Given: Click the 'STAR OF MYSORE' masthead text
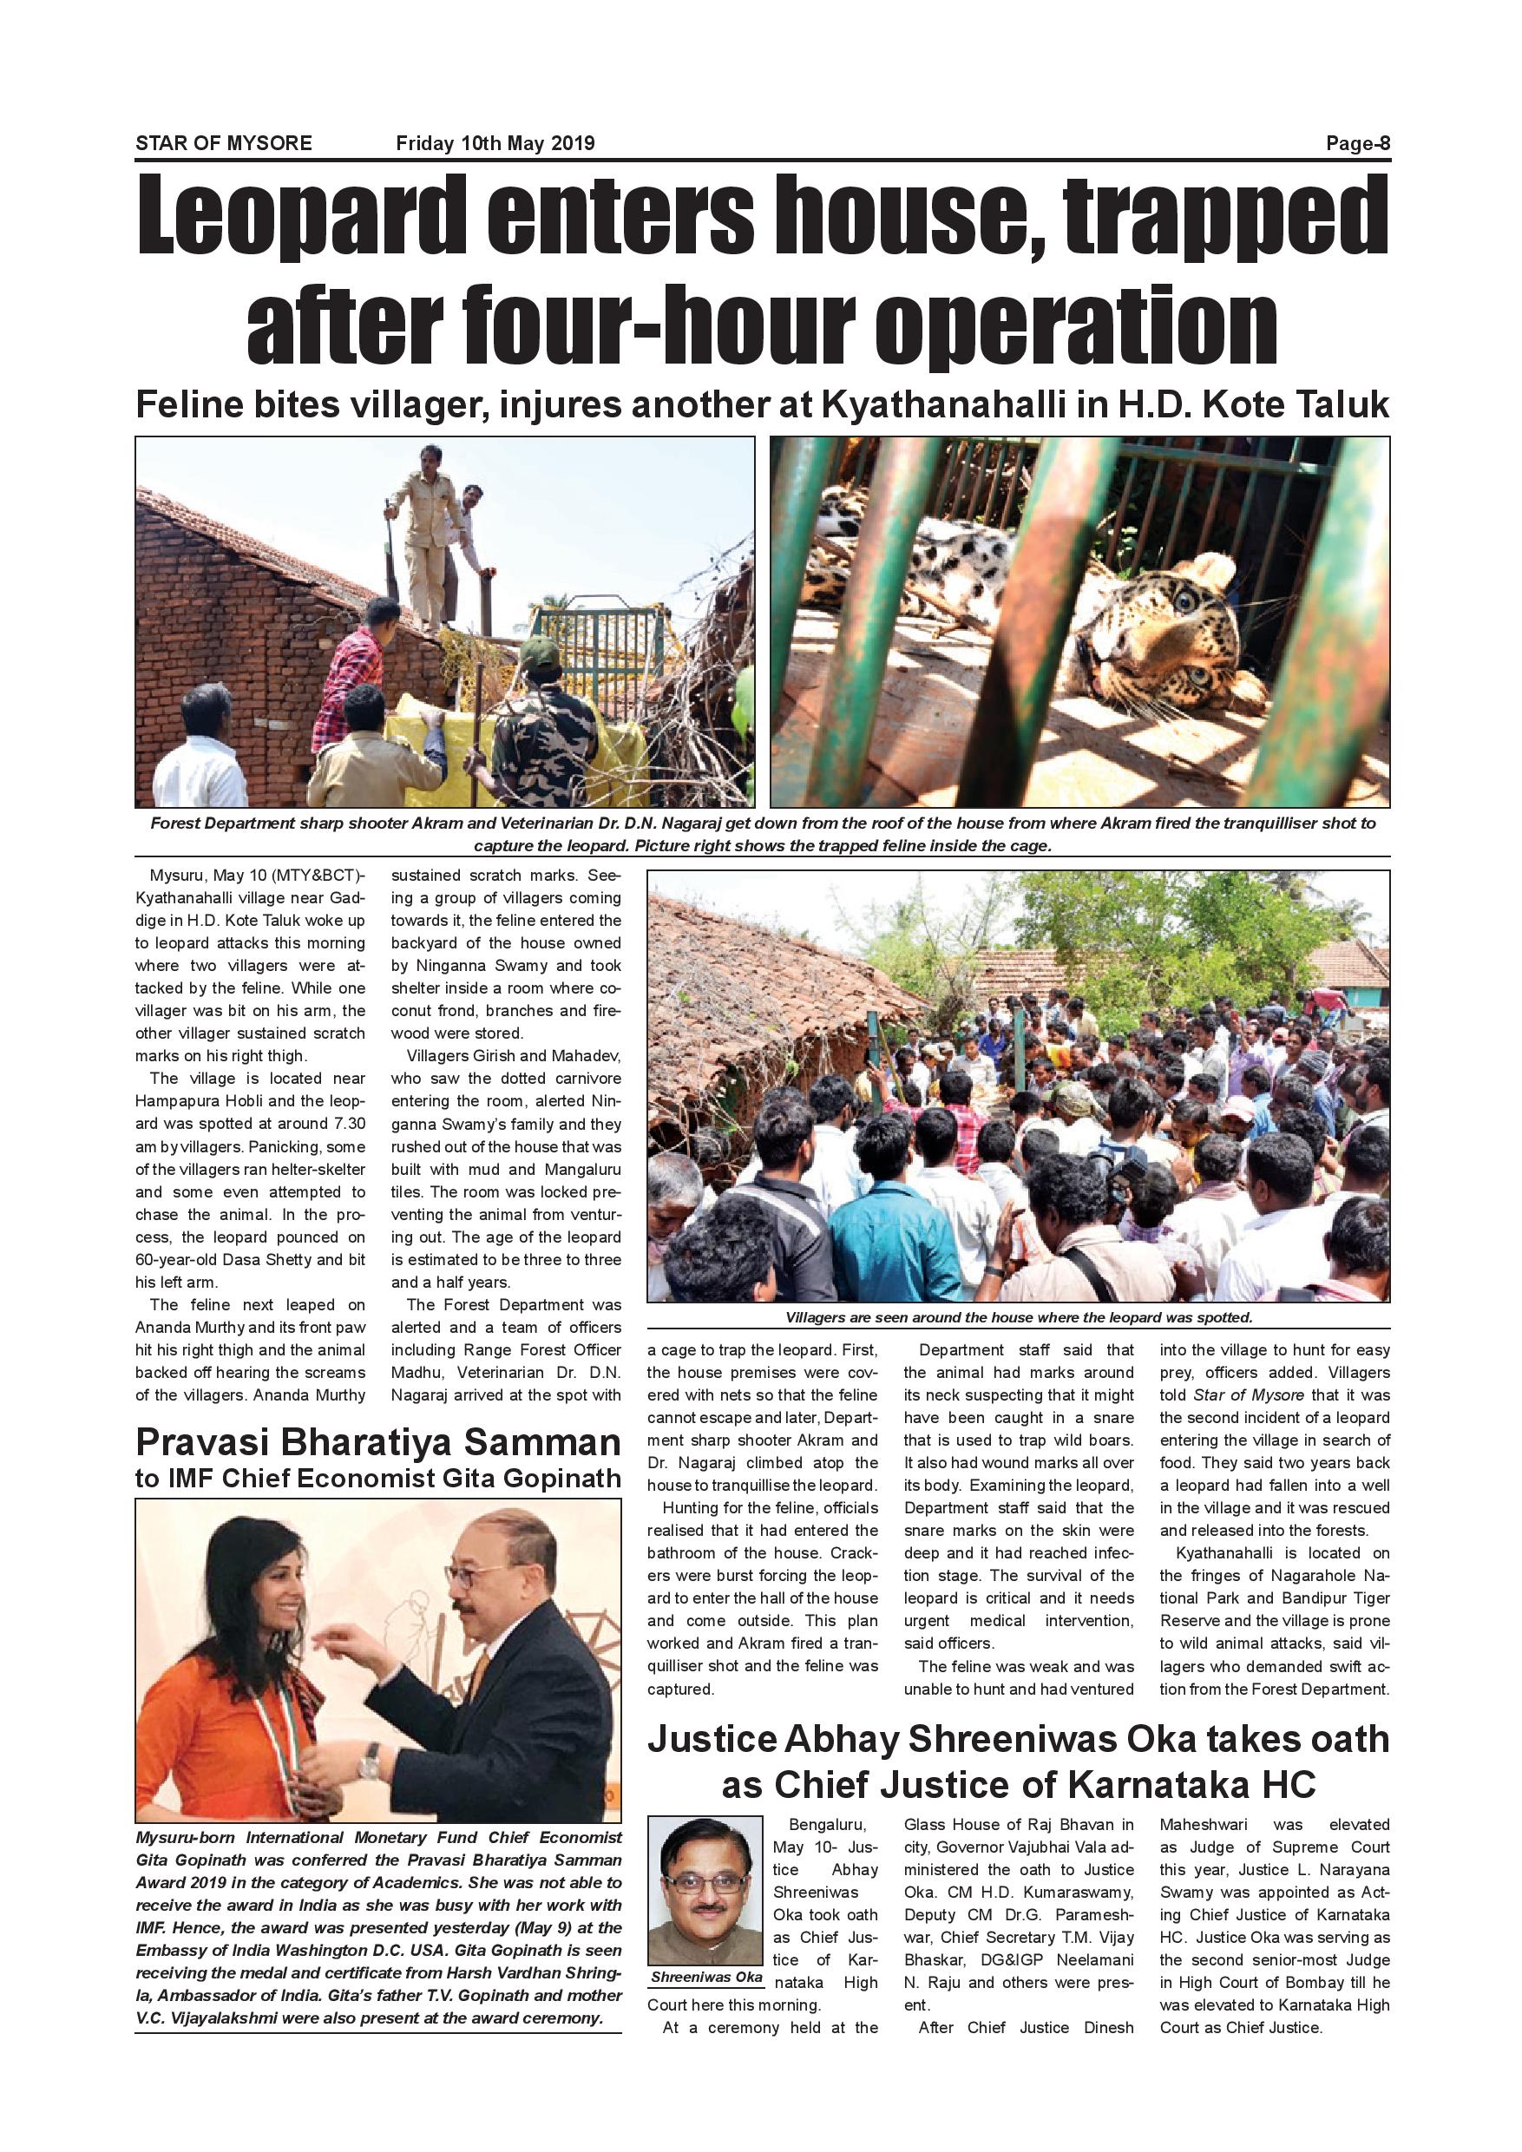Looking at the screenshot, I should [x=224, y=144].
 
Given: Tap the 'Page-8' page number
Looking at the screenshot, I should [x=1358, y=144].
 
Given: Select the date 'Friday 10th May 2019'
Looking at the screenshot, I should [x=495, y=144].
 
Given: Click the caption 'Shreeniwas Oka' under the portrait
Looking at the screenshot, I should [x=706, y=1978].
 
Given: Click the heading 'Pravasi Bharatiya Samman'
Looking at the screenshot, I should [x=377, y=1443].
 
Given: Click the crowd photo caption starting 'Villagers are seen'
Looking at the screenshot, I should [x=1019, y=1318].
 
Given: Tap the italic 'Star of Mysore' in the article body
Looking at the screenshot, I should [x=1249, y=1395].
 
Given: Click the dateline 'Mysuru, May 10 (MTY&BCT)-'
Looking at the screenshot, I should [x=250, y=876].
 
